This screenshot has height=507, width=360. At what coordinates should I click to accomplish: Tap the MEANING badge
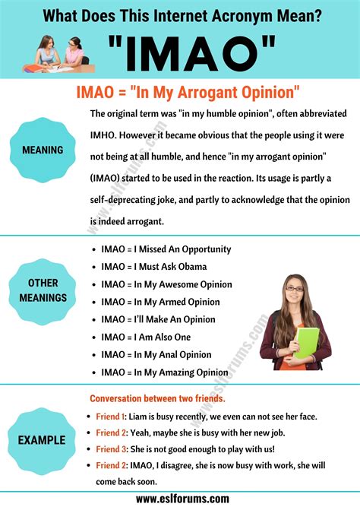(43, 150)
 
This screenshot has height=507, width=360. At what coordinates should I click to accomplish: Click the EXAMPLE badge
(43, 439)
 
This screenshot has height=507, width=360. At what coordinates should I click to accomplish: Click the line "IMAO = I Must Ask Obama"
(153, 267)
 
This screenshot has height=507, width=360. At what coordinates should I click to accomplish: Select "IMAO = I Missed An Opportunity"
(166, 249)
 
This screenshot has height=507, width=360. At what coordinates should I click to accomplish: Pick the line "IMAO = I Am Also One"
(146, 337)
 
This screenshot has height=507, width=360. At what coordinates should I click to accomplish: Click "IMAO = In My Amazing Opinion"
(166, 372)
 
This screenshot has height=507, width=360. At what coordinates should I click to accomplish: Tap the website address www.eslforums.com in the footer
(179, 498)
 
